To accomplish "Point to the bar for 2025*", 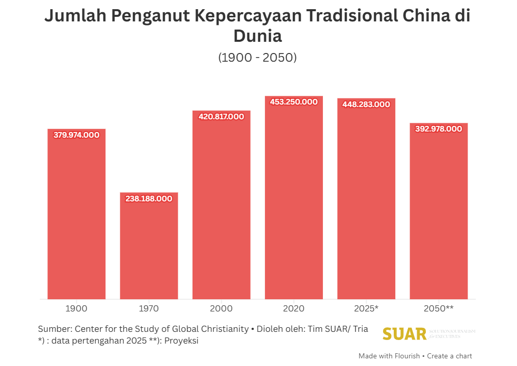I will point(366,204).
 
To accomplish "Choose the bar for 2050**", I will point(439,214).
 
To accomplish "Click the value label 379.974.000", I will point(76,135).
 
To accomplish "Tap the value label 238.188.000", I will point(149,199).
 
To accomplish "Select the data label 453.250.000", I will point(294,102).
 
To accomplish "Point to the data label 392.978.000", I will point(439,129).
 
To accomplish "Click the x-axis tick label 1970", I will point(149,308).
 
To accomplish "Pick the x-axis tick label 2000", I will point(221,308).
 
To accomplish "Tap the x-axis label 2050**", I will point(439,308).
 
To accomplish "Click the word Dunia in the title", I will point(258,36).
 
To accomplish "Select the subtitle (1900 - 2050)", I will point(258,58).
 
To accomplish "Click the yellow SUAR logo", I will point(404,334).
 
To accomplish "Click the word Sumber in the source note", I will point(54,329).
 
